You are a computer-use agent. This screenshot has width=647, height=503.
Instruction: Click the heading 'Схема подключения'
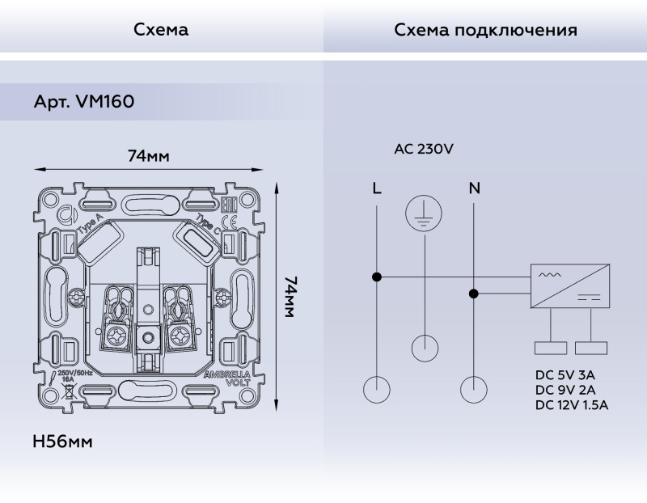(x=485, y=31)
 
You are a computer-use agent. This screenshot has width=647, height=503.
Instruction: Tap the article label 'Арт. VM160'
(x=84, y=103)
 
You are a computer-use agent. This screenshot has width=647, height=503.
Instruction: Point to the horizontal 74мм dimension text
(x=148, y=156)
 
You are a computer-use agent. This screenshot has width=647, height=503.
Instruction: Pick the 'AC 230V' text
(x=423, y=149)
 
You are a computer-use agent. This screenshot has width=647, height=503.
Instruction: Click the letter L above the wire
(x=376, y=189)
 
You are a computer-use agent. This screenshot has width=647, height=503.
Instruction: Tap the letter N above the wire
(x=474, y=189)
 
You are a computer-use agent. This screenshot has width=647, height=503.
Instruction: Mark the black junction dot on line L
(x=377, y=277)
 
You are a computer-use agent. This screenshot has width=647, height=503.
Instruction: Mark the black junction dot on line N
(x=474, y=294)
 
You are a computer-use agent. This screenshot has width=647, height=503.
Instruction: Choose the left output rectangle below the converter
(x=551, y=348)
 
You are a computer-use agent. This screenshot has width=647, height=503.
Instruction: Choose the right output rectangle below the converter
(x=590, y=348)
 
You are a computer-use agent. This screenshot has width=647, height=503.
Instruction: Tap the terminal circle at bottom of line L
(x=377, y=390)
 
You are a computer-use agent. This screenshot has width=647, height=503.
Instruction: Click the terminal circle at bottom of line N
(x=474, y=390)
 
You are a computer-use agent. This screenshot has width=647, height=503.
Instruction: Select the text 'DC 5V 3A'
(x=565, y=375)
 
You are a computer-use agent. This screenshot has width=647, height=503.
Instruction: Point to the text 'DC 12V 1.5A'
(x=572, y=404)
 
